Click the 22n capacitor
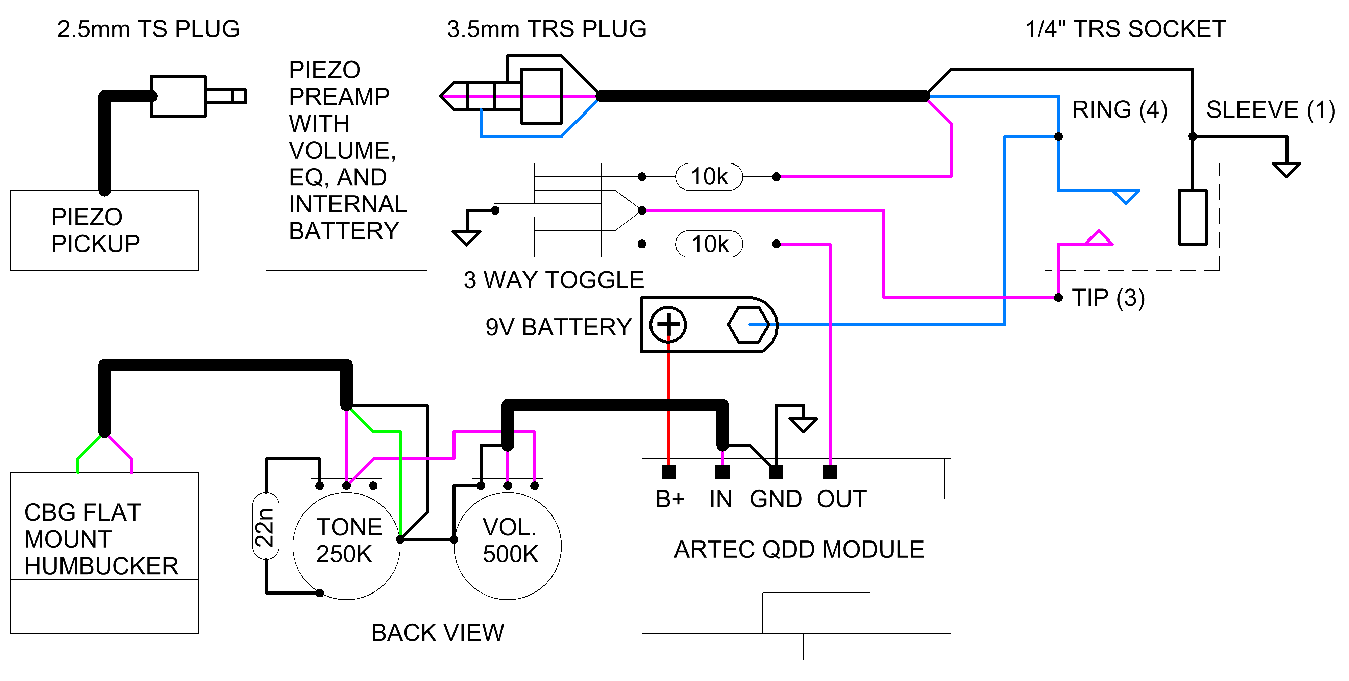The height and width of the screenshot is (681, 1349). point(266,527)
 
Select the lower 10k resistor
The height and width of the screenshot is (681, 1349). point(709,244)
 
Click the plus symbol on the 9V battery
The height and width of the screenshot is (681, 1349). point(668,325)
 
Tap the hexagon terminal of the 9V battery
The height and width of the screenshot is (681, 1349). point(749,325)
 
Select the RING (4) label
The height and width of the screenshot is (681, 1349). point(1120,110)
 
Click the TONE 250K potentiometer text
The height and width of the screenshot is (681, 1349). point(348,540)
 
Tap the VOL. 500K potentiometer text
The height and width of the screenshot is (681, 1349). point(510,540)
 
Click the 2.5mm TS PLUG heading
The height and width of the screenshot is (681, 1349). point(148,29)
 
